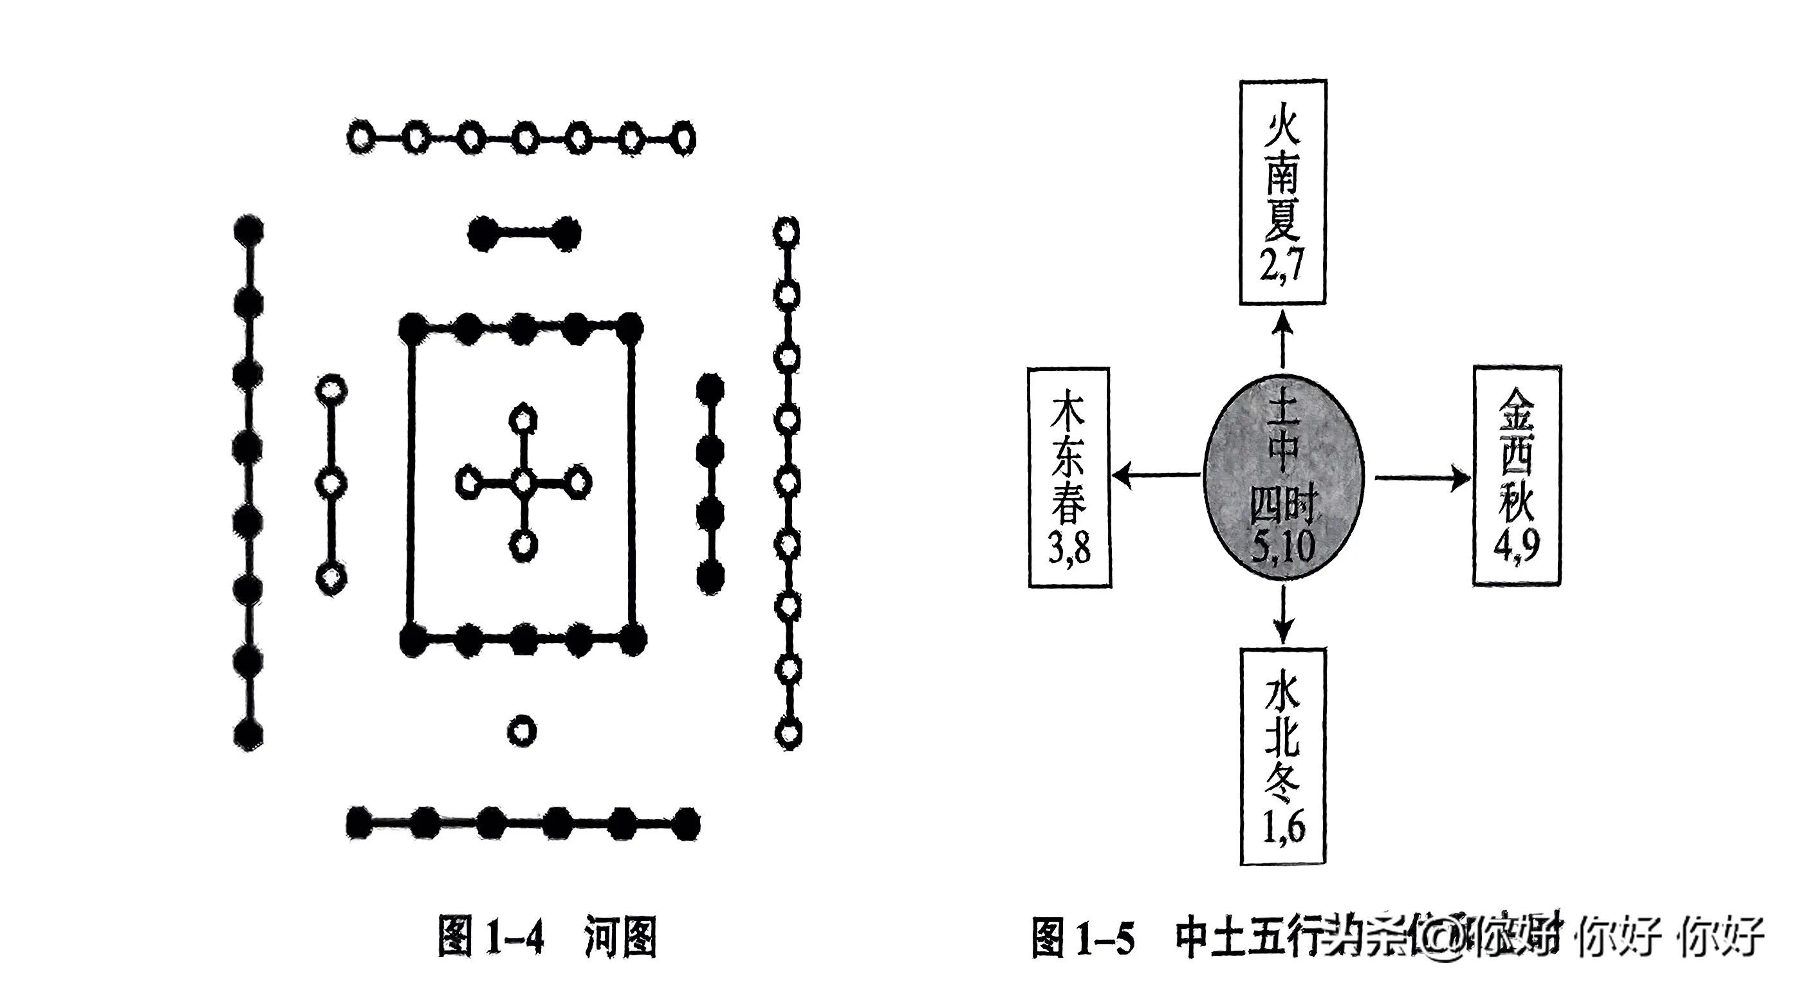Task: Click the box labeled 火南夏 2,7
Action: (x=1282, y=192)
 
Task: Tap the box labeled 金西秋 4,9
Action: (x=1516, y=475)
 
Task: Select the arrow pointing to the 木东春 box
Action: (x=1156, y=475)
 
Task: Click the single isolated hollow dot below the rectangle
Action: (x=522, y=731)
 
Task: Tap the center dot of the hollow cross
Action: (x=523, y=481)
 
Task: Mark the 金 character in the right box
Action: (x=1517, y=411)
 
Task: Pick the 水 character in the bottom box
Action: (x=1283, y=696)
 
